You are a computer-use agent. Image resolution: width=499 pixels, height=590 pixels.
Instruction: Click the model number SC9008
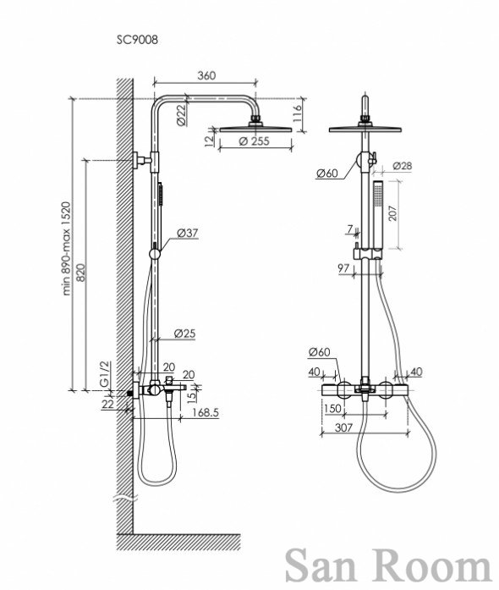(137, 40)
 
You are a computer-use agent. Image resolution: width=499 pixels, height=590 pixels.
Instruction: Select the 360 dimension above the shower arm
(206, 75)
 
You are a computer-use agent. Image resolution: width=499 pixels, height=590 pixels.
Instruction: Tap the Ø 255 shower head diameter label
(255, 141)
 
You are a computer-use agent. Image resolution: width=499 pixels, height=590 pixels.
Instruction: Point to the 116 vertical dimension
(297, 113)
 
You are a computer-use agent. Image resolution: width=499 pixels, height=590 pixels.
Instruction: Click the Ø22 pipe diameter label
(181, 114)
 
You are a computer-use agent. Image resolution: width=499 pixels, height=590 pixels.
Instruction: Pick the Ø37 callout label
(187, 233)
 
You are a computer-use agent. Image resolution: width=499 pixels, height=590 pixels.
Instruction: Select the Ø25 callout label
(184, 334)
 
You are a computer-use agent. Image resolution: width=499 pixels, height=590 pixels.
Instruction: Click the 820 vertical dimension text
(81, 273)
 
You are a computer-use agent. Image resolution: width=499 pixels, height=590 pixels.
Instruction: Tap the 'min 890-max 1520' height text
(66, 249)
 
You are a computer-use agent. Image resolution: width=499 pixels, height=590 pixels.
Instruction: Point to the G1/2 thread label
(105, 373)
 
